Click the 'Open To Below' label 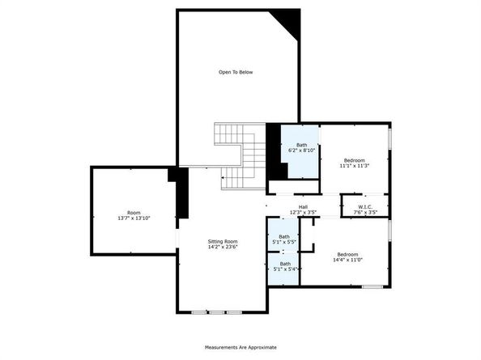[236, 72]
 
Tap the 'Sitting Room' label [223, 241]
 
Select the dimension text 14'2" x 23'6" [223, 247]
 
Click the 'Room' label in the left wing [134, 213]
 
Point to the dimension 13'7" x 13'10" [134, 218]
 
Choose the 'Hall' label [303, 207]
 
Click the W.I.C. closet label [365, 207]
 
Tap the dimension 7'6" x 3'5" [365, 212]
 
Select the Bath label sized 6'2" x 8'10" [301, 145]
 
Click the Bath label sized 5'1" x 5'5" [284, 236]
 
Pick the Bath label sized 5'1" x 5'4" [285, 264]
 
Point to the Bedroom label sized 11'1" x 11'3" [355, 160]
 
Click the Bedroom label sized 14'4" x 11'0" [347, 254]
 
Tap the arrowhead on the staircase [223, 177]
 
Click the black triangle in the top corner [288, 22]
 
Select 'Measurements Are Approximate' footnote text [240, 347]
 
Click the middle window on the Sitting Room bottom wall [216, 312]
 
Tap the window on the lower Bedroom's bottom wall [372, 286]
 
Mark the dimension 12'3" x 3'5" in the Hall [303, 212]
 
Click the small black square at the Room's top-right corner [172, 175]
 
